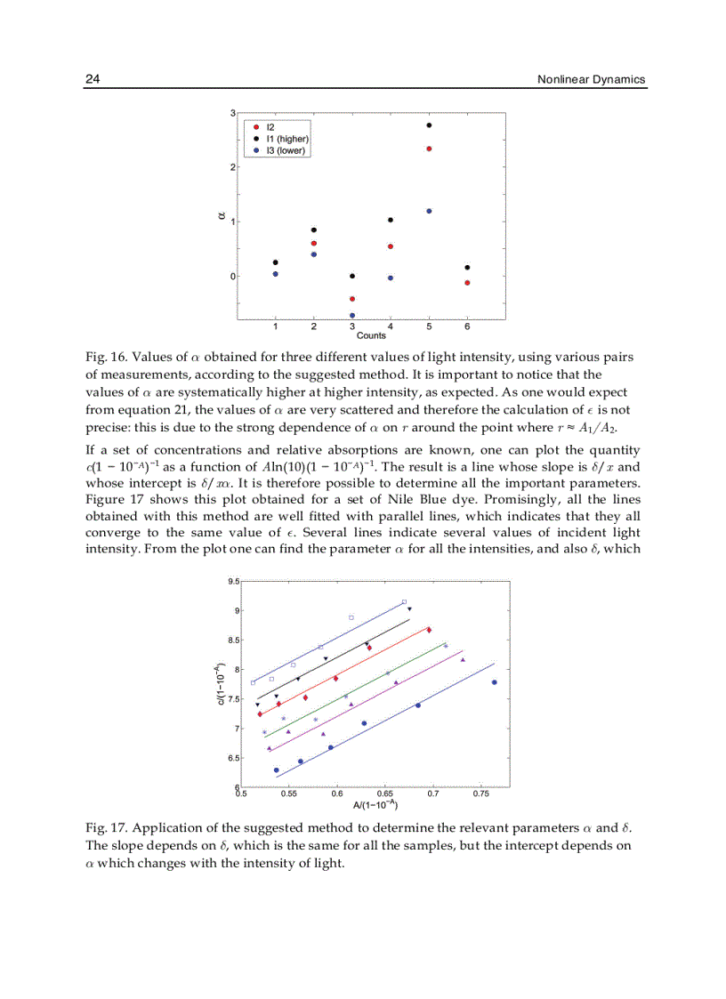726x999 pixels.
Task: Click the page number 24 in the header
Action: (x=92, y=79)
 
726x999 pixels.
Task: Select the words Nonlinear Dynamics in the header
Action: (x=591, y=79)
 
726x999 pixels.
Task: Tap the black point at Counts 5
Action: (x=429, y=125)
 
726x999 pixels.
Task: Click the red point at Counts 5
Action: (x=429, y=149)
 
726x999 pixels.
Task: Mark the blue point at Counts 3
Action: (x=352, y=315)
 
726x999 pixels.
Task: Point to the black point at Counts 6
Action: (x=467, y=267)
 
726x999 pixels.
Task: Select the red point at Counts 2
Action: (x=314, y=243)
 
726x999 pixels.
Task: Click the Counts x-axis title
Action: (x=371, y=335)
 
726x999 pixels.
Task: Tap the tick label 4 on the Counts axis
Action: (x=391, y=326)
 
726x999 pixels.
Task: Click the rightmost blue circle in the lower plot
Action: (x=494, y=682)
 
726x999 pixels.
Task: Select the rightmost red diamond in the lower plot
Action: (x=429, y=630)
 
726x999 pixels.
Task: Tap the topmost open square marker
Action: (x=404, y=602)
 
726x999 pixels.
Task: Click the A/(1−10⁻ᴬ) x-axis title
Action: (x=375, y=804)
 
